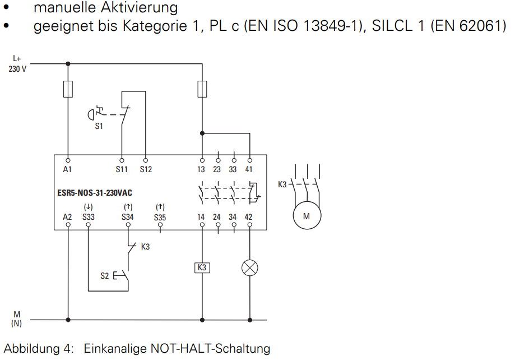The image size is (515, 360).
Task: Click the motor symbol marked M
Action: [x=307, y=216]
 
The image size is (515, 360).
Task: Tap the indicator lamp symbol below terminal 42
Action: [x=249, y=268]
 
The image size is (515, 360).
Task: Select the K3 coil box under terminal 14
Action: [x=202, y=267]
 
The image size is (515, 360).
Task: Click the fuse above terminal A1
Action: [x=68, y=89]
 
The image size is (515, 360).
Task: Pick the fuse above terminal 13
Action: [x=202, y=89]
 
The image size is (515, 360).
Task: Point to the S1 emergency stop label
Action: [x=99, y=126]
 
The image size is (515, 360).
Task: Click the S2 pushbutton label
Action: [x=104, y=276]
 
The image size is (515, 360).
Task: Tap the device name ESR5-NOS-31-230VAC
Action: [x=95, y=193]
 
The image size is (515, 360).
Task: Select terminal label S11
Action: [x=122, y=169]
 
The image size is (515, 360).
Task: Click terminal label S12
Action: [x=146, y=169]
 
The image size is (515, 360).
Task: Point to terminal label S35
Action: [x=160, y=218]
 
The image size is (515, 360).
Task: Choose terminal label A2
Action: [x=67, y=217]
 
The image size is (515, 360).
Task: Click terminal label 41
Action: [x=249, y=169]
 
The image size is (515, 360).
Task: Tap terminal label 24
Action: [x=216, y=217]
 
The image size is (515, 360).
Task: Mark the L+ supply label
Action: [x=17, y=58]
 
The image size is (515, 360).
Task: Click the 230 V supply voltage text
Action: [x=17, y=69]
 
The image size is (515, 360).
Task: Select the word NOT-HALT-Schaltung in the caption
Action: [x=210, y=348]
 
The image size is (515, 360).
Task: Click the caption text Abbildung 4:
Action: [x=39, y=349]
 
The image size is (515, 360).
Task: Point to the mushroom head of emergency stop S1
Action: [x=90, y=115]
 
